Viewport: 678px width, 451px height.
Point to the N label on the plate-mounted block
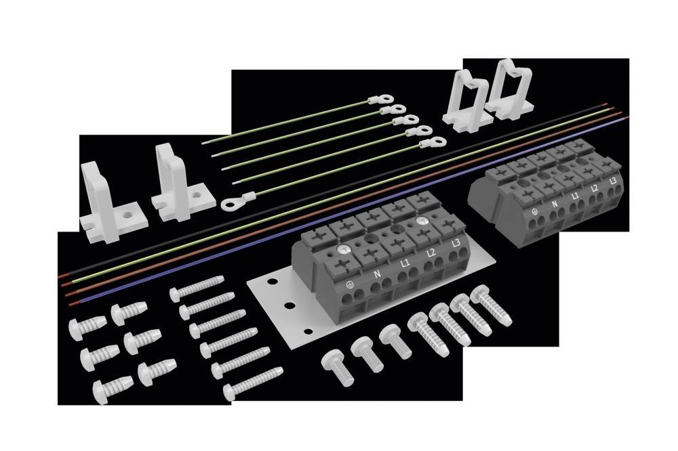tap(378, 275)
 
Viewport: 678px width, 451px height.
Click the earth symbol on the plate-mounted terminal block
tap(351, 284)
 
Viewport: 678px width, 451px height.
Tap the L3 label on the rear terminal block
tap(612, 181)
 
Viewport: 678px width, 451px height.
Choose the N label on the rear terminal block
tap(555, 203)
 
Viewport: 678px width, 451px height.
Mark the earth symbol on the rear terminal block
tap(536, 211)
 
